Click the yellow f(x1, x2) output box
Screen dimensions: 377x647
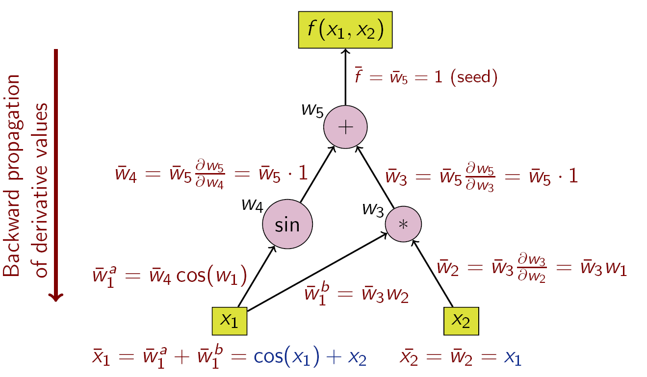coord(345,30)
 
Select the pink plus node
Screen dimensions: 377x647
coord(345,127)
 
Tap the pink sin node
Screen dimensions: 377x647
coord(287,224)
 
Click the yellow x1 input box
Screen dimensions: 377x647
coord(229,321)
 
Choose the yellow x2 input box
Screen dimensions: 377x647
coord(461,321)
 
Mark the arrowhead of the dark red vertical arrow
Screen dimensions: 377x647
coord(56,297)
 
